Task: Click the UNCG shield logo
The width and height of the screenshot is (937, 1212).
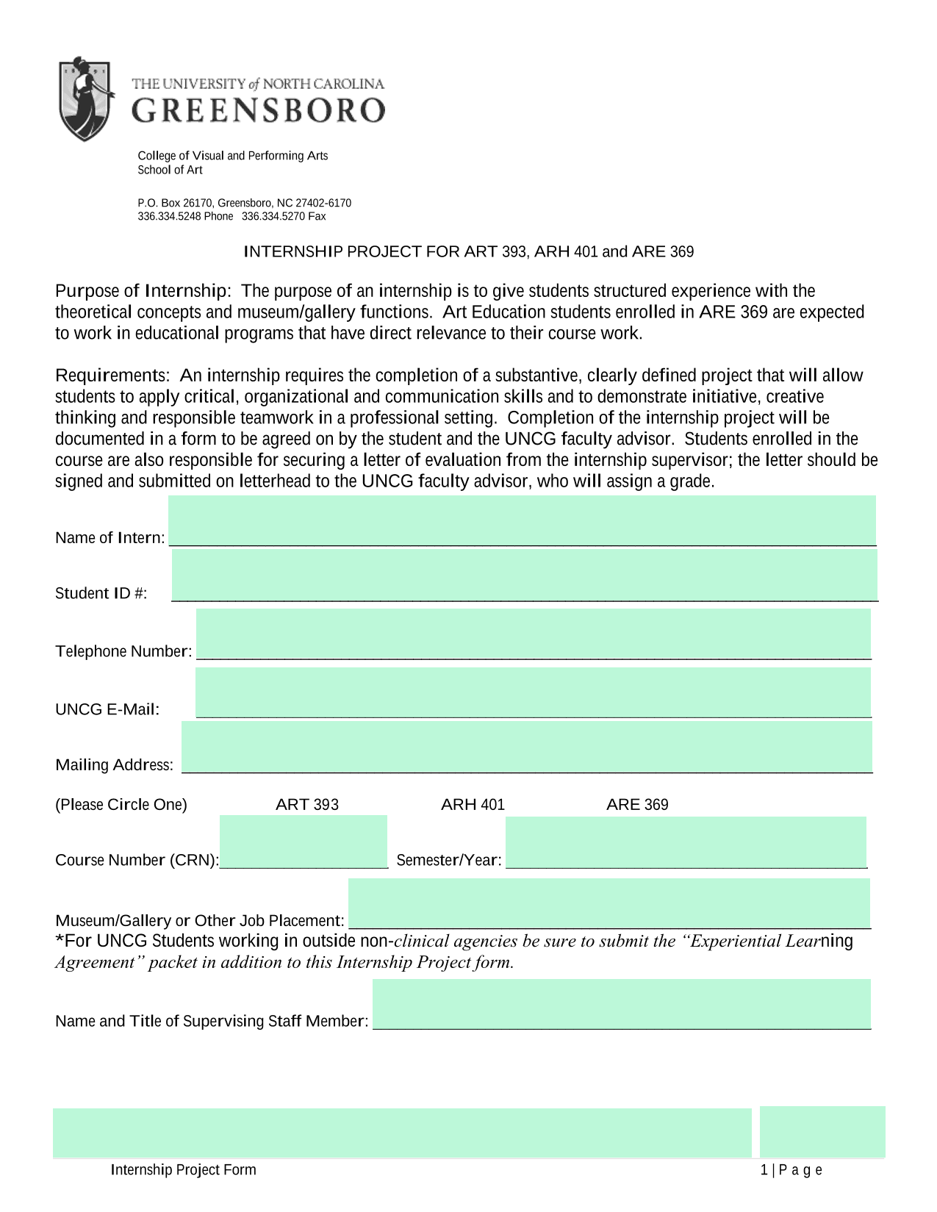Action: [x=85, y=99]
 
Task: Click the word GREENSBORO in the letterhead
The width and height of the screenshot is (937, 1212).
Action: [x=259, y=111]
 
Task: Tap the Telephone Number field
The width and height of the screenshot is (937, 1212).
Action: [x=534, y=634]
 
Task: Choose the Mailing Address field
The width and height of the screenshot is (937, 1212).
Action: [x=527, y=747]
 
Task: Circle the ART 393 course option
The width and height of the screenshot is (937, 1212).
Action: [x=307, y=804]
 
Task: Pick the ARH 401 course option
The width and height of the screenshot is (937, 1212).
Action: [x=473, y=804]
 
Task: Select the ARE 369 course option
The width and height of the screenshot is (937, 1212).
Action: [x=637, y=804]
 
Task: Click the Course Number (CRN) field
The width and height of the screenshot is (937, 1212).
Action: [x=304, y=842]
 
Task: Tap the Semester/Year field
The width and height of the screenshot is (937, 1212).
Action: [x=686, y=842]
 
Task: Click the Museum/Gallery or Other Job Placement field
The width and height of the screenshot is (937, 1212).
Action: [x=609, y=903]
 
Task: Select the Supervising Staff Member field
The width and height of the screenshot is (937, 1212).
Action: [x=622, y=1004]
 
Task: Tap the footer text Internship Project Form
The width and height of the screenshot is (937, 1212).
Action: [x=184, y=1169]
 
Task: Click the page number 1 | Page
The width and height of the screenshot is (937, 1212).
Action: [x=791, y=1169]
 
